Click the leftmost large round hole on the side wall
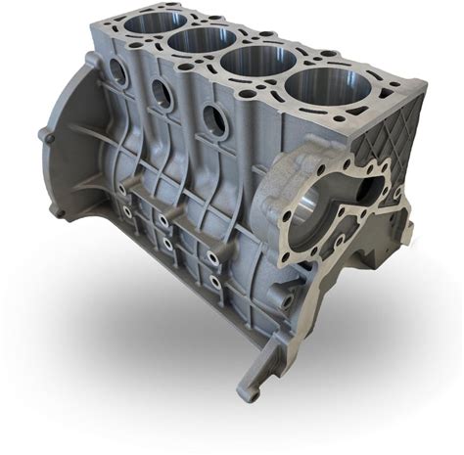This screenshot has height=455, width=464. click(x=117, y=71)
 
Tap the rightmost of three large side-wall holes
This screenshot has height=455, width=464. click(x=212, y=119)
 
